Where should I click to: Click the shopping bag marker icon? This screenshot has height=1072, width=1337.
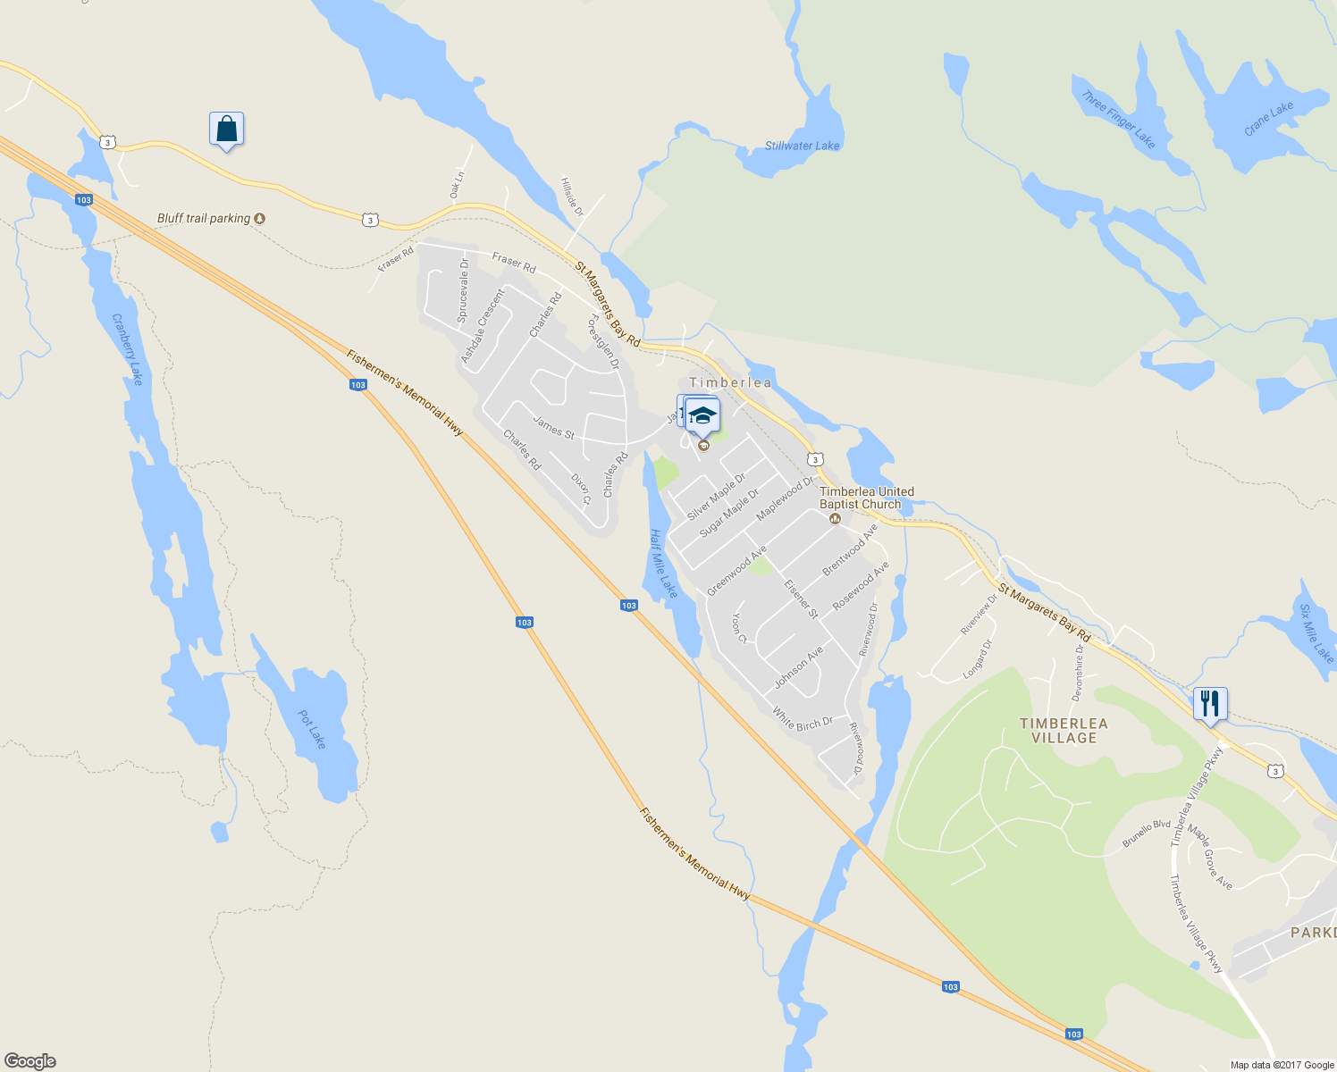coord(226,130)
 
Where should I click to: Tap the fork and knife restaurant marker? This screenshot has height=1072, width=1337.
coord(1210,704)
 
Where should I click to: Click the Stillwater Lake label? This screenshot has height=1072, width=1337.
coord(802,146)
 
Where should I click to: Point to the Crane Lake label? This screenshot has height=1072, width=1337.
coord(1268,119)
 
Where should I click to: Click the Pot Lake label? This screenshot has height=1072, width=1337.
coord(312,729)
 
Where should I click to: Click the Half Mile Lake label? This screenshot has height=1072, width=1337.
coord(663,563)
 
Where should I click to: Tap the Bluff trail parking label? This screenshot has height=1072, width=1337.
coord(204,218)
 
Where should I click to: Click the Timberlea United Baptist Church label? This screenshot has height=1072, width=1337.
coord(866,498)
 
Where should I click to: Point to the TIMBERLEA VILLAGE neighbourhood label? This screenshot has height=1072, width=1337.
coord(1064,730)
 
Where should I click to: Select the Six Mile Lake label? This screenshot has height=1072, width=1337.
coord(1316,633)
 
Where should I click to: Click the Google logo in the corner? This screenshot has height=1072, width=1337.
coord(30,1060)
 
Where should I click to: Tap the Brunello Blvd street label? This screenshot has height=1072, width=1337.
coord(1147,833)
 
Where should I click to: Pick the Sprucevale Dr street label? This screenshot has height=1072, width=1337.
coord(463,290)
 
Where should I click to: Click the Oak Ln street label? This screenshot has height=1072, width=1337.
coord(457,184)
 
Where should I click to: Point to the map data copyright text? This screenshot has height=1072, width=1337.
coord(1282,1065)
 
